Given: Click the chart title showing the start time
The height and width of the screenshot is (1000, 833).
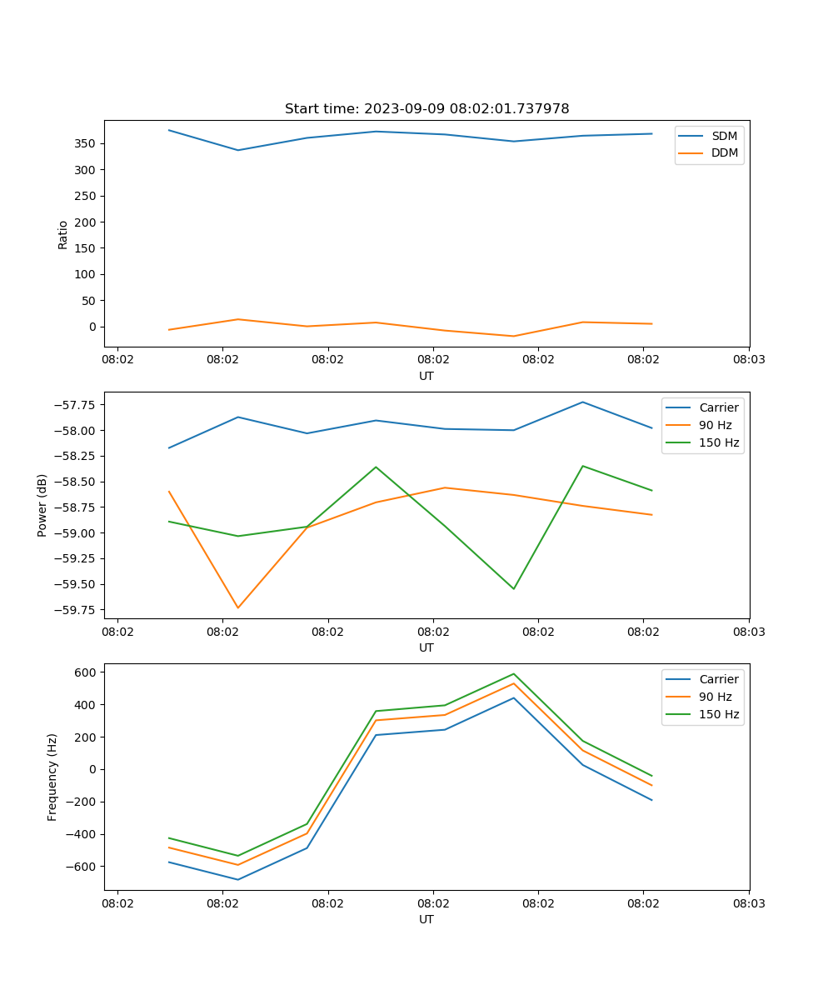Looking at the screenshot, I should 426,109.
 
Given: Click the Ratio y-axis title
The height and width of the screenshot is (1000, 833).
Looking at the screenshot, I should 63,234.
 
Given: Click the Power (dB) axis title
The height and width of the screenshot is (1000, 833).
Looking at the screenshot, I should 42,505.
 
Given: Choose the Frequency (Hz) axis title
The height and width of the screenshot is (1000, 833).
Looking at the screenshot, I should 52,777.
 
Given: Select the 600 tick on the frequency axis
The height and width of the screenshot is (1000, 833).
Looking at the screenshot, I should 87,672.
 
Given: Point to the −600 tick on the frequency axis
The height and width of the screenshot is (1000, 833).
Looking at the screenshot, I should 84,867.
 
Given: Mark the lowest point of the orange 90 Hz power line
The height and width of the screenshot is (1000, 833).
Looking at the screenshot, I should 238,607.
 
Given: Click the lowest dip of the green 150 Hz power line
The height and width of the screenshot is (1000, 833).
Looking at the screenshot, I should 513,588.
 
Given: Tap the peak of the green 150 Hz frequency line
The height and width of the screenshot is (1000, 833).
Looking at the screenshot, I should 513,674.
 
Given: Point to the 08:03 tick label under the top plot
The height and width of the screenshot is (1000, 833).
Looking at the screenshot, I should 749,360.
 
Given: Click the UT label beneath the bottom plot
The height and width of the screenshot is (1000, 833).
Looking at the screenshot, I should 426,919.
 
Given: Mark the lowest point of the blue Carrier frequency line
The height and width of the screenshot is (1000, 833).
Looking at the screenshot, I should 238,879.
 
